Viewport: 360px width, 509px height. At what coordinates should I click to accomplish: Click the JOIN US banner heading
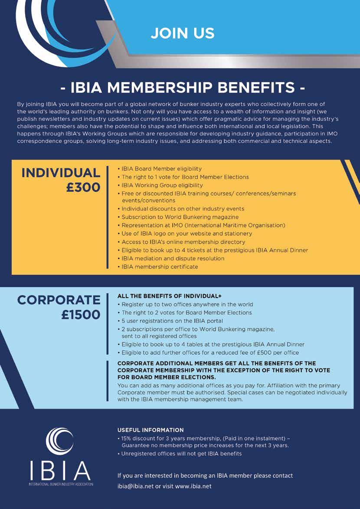[183, 33]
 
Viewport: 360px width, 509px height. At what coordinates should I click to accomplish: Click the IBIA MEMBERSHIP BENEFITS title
[182, 89]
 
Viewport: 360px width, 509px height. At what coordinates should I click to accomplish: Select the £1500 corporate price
[81, 314]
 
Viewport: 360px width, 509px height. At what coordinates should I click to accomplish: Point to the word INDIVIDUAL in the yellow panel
[61, 172]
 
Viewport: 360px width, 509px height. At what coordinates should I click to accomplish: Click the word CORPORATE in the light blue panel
[59, 299]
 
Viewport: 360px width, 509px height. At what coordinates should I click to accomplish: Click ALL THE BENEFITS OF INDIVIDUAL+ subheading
[170, 296]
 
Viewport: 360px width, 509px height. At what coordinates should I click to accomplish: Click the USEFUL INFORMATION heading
[151, 430]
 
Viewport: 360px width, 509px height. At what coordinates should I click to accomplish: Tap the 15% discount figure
[127, 438]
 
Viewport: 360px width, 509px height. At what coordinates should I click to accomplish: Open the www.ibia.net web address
[193, 486]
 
